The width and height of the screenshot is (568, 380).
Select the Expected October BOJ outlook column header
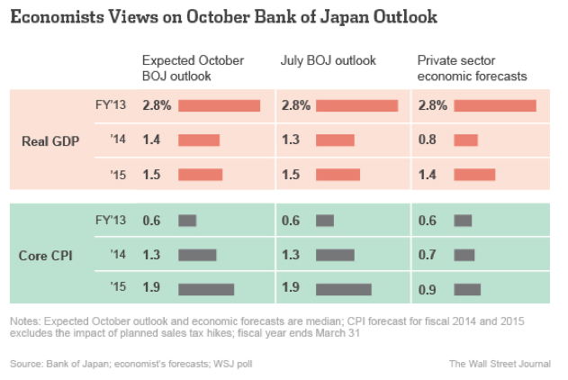pos(193,68)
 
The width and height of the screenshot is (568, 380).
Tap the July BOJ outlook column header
pos(329,60)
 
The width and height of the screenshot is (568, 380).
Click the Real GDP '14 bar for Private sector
pos(466,140)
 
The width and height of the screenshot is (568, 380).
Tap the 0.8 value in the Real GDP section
pos(428,140)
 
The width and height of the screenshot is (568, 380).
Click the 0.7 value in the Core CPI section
pos(428,255)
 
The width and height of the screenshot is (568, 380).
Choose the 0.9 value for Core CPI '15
pos(428,290)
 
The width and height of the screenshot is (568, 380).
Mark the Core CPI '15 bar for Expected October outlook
pos(206,290)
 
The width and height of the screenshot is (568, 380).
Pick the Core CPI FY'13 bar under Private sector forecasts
pos(463,221)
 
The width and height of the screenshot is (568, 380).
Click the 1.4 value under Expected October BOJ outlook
pos(151,140)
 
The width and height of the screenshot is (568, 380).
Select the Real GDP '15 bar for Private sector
pos(474,175)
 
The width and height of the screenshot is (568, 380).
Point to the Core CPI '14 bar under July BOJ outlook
pos(335,255)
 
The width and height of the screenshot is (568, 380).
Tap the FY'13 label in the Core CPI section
pos(110,220)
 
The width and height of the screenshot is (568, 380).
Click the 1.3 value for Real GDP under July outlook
pos(291,140)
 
